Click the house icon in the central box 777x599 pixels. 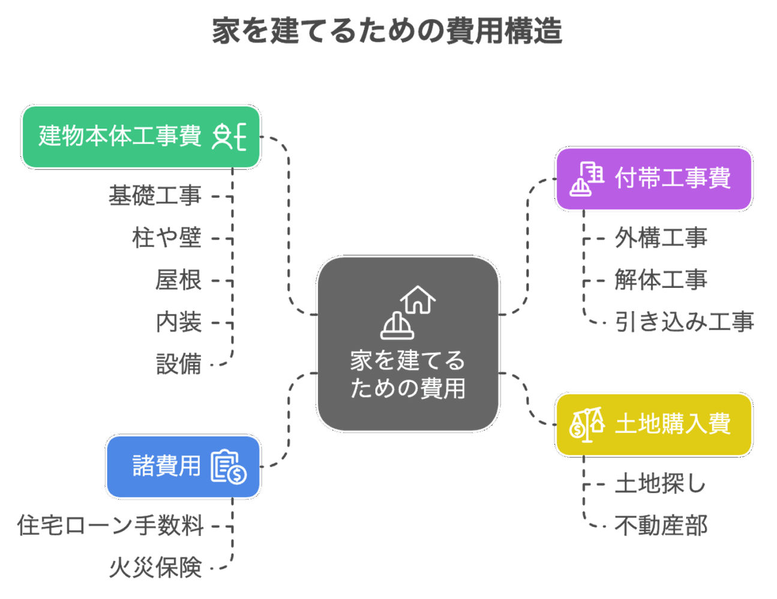point(418,300)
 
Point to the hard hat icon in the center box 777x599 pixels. point(397,326)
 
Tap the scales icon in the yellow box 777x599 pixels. point(587,425)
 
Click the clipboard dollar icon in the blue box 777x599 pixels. point(228,466)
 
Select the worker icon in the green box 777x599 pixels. point(229,137)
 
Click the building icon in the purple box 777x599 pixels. point(586,179)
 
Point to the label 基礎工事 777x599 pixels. point(155,196)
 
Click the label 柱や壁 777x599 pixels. point(167,238)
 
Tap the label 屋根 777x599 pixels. point(178,280)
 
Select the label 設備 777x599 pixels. point(178,364)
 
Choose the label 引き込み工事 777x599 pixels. point(684,322)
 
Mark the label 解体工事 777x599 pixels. point(661,280)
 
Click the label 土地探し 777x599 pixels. point(660,484)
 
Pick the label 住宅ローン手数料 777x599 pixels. point(110,526)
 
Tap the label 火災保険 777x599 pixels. point(155,568)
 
